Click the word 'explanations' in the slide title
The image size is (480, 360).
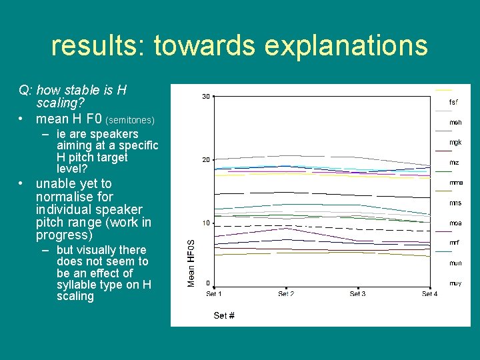click(x=346, y=46)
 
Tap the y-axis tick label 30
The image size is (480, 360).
click(x=206, y=97)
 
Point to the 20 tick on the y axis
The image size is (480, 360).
click(x=206, y=160)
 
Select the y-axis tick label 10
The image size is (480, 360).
click(x=206, y=223)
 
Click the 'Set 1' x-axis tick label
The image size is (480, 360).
click(x=214, y=294)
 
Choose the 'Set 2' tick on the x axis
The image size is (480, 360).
click(x=286, y=294)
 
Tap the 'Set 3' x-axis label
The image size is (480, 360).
click(x=358, y=294)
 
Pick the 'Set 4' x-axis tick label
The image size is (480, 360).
click(x=429, y=294)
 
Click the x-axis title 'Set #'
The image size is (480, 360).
click(x=224, y=315)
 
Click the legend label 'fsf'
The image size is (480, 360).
click(x=453, y=103)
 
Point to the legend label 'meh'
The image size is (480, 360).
click(x=455, y=123)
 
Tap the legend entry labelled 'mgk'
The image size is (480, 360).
click(x=455, y=143)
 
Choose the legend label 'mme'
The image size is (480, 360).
click(x=456, y=183)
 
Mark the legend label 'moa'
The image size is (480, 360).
click(x=455, y=223)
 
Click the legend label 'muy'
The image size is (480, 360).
click(x=455, y=283)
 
